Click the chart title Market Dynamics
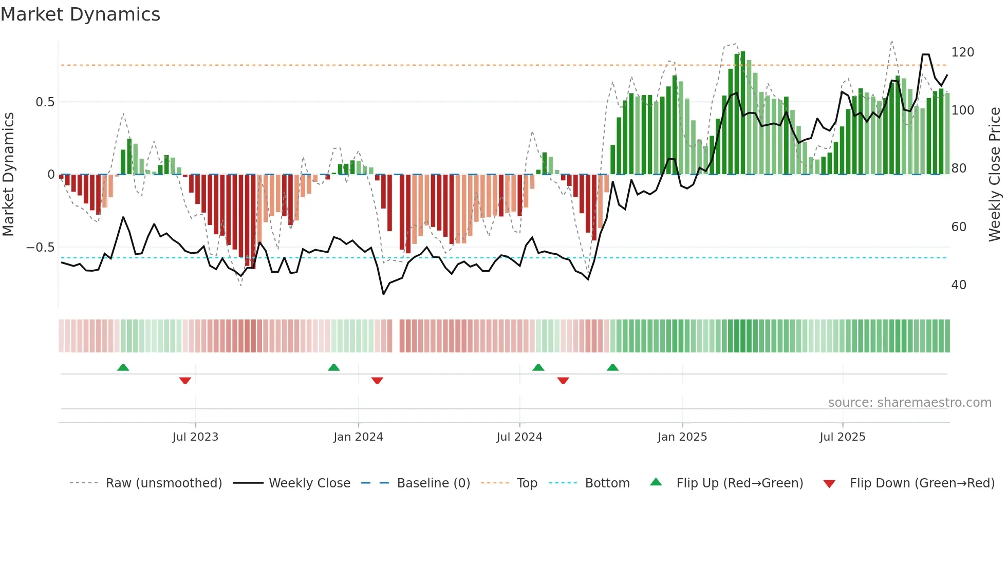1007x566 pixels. [x=80, y=14]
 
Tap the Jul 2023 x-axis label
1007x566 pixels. [x=195, y=437]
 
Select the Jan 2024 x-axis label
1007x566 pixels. [x=358, y=437]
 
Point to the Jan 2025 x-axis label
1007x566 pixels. [x=682, y=437]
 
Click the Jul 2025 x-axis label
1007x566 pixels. [x=843, y=437]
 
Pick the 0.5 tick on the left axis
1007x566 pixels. [x=45, y=102]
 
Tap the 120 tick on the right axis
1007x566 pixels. [x=962, y=52]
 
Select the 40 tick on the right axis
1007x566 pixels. [x=959, y=285]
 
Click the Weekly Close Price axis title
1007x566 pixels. [x=995, y=175]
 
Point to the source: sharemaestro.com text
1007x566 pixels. [x=909, y=403]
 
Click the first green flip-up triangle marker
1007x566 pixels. [x=123, y=368]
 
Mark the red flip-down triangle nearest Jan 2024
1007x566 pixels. [x=377, y=381]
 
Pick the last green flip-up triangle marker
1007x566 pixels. [x=612, y=368]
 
